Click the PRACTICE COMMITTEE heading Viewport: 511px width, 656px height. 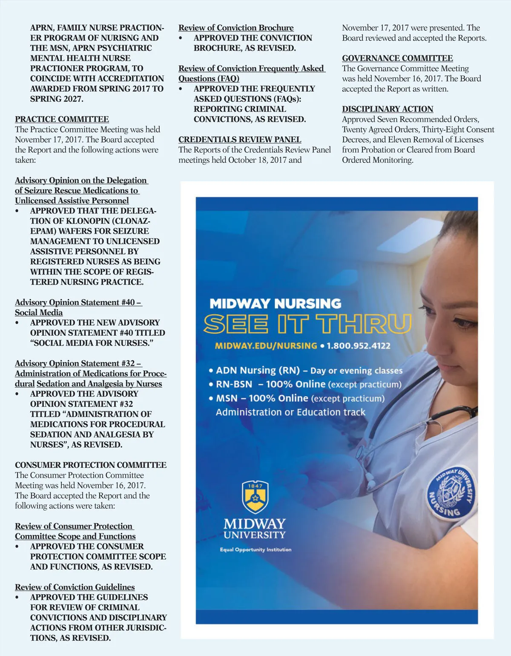[x=62, y=119]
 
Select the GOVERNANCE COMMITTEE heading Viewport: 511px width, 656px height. [x=397, y=58]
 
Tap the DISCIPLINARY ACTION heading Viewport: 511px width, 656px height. [x=388, y=109]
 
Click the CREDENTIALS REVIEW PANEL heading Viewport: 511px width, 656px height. [x=240, y=140]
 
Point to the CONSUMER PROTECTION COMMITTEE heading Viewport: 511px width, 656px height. [x=91, y=465]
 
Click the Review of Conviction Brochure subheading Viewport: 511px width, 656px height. [x=236, y=28]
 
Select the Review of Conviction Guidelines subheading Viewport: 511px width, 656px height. [x=75, y=587]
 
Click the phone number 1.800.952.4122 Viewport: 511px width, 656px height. [x=359, y=345]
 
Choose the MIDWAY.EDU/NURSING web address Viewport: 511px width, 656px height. [x=266, y=345]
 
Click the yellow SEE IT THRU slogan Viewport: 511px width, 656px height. [x=307, y=325]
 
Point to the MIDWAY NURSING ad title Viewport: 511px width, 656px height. [x=276, y=304]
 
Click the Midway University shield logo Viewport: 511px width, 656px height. [x=255, y=497]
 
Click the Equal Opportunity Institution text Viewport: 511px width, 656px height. [x=255, y=550]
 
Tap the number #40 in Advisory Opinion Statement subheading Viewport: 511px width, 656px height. [x=128, y=302]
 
